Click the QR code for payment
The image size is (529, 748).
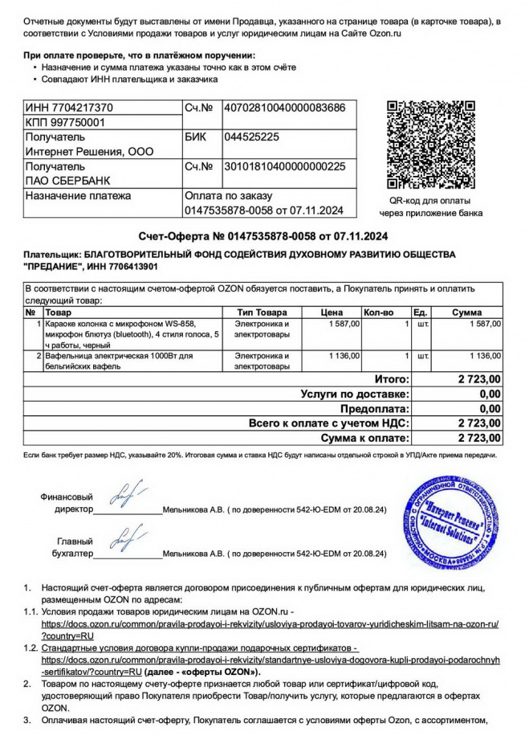click(x=431, y=144)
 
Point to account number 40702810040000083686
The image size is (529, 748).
click(x=283, y=108)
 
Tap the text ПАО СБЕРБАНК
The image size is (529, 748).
click(x=68, y=181)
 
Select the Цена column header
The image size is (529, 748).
click(x=332, y=312)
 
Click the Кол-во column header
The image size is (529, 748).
click(x=378, y=312)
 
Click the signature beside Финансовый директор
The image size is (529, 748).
click(x=126, y=497)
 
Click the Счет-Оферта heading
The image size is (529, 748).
click(x=263, y=236)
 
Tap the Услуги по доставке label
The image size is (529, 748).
click(x=355, y=394)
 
